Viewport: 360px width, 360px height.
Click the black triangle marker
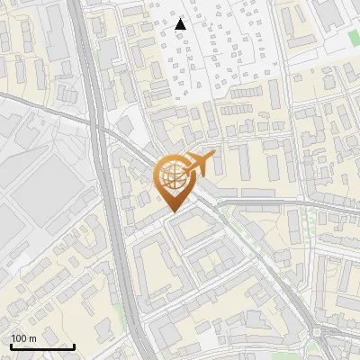pyautogui.click(x=180, y=24)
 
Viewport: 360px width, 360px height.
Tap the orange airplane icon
pyautogui.click(x=200, y=163)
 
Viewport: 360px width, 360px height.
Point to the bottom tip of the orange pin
pyautogui.click(x=172, y=211)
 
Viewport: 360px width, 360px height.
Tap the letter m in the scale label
pyautogui.click(x=32, y=337)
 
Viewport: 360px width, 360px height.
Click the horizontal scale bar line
pyautogui.click(x=41, y=346)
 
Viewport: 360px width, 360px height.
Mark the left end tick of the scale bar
pyautogui.click(x=10, y=345)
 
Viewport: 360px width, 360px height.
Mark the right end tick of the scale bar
pyautogui.click(x=74, y=345)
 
